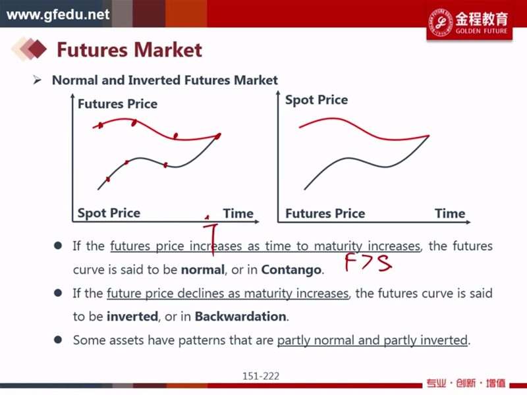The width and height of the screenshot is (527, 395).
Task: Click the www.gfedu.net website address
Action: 58,14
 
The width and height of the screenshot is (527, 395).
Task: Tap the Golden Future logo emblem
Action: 440,22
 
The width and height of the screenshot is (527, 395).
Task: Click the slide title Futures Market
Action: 129,50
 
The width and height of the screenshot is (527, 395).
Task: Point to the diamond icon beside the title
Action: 29,49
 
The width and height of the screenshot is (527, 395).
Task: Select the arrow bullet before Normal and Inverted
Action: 37,80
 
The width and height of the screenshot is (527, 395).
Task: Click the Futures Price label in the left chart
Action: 117,104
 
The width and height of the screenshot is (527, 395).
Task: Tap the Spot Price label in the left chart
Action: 109,213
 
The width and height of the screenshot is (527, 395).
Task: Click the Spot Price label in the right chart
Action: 316,100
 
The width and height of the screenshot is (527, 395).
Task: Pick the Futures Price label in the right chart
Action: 325,213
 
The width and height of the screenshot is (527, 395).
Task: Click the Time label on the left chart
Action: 238,213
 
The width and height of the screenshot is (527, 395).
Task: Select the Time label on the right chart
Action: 450,213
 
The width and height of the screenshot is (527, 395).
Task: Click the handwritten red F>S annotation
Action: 368,263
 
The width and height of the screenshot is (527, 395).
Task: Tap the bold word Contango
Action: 291,270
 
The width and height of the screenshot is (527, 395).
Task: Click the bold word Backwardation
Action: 240,317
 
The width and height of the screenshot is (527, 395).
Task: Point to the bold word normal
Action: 203,270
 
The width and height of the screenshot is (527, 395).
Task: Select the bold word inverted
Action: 132,317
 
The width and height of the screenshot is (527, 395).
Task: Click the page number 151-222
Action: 261,376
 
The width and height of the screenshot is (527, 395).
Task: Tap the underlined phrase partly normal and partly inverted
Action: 372,340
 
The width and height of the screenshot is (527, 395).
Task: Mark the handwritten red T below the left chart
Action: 211,237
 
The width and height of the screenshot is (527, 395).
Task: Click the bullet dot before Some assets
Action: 58,340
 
